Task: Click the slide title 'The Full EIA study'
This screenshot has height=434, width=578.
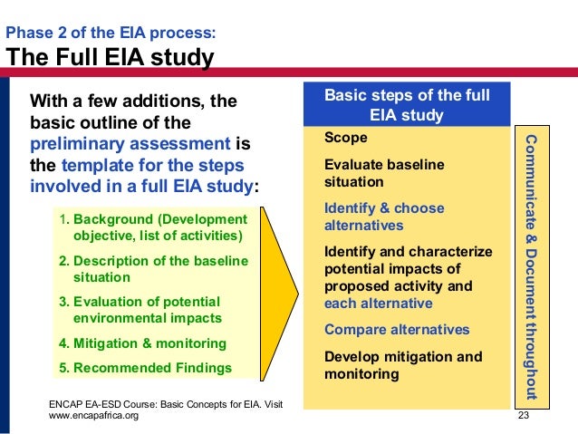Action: coord(111,59)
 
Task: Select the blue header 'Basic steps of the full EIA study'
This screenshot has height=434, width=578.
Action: coord(407,105)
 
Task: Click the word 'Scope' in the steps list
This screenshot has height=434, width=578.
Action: coord(345,138)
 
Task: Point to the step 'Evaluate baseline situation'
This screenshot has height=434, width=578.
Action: coord(384,173)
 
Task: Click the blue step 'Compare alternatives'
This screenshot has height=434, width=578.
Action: coord(397,329)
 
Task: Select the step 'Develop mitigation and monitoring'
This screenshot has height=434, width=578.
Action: coord(403,364)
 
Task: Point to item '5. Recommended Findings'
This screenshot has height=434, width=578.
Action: coord(145,368)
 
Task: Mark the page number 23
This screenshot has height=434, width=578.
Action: coord(522,415)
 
